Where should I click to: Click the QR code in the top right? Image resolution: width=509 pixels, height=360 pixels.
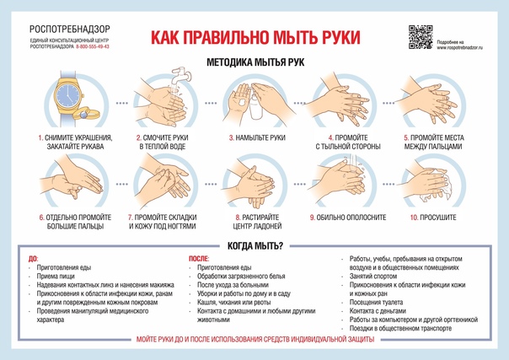(x=420, y=38)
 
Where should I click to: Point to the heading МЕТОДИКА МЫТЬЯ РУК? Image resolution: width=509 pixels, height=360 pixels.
(x=255, y=62)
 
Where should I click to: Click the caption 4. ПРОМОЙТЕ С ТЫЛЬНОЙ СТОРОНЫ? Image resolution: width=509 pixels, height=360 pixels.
(x=348, y=142)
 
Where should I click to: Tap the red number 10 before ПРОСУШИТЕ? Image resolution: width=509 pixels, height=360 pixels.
(x=415, y=218)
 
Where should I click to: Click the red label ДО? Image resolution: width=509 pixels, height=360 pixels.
(x=33, y=259)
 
